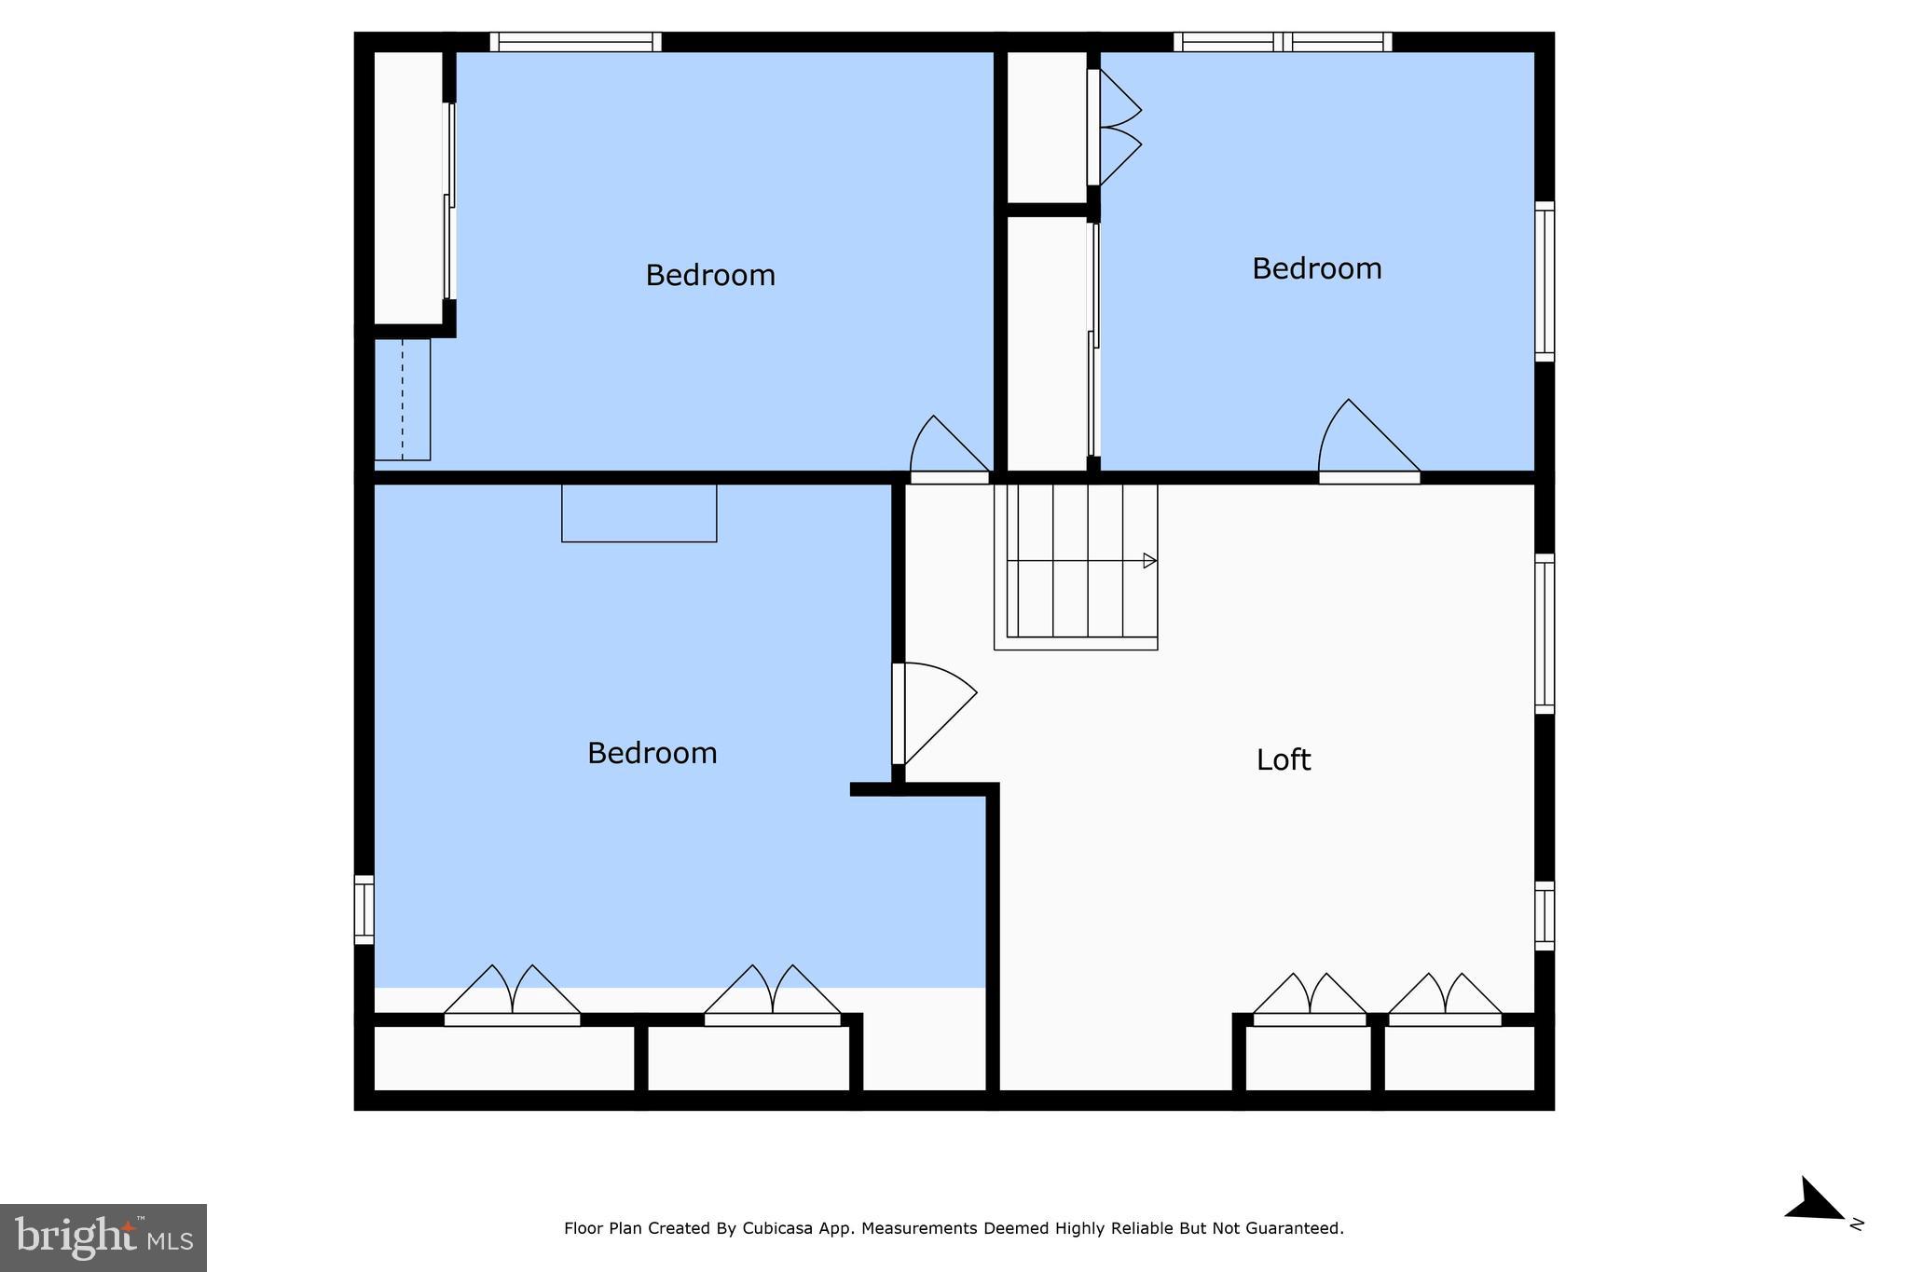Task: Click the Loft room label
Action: [1284, 760]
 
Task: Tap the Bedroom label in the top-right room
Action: [1316, 268]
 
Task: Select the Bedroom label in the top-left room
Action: [710, 275]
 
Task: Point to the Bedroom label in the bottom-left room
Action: [652, 753]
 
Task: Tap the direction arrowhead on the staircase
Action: [1150, 561]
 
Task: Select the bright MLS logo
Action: [103, 1238]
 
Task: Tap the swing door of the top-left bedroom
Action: [950, 448]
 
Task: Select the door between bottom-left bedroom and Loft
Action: [934, 713]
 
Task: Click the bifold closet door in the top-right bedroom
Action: [1114, 128]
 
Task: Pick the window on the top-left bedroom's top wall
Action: [576, 42]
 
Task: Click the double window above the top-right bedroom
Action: [1283, 42]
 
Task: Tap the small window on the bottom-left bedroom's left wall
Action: [364, 910]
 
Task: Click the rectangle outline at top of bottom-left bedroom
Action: [639, 513]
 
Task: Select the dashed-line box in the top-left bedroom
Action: [403, 399]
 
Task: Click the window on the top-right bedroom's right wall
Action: [1545, 281]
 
